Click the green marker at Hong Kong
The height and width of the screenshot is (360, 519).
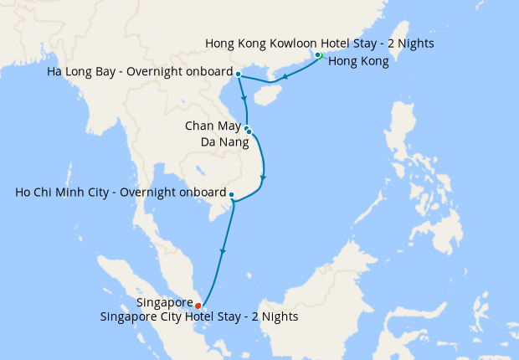point(318,55)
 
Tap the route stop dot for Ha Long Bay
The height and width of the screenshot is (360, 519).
point(239,75)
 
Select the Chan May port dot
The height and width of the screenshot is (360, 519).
point(247,128)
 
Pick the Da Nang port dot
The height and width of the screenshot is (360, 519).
point(249,132)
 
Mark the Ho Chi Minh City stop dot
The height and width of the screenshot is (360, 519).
point(231,195)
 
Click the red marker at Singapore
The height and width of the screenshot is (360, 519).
point(198,306)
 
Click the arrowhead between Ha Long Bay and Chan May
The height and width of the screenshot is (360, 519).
point(244,98)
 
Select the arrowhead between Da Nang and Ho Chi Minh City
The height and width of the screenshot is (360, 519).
point(264,178)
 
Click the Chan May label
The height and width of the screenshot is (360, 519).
point(213,126)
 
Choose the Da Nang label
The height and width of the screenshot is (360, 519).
point(224,142)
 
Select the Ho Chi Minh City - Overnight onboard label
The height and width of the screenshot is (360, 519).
point(121,193)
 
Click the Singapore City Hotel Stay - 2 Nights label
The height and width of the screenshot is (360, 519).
point(199,317)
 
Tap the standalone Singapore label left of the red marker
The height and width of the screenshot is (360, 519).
point(164,305)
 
